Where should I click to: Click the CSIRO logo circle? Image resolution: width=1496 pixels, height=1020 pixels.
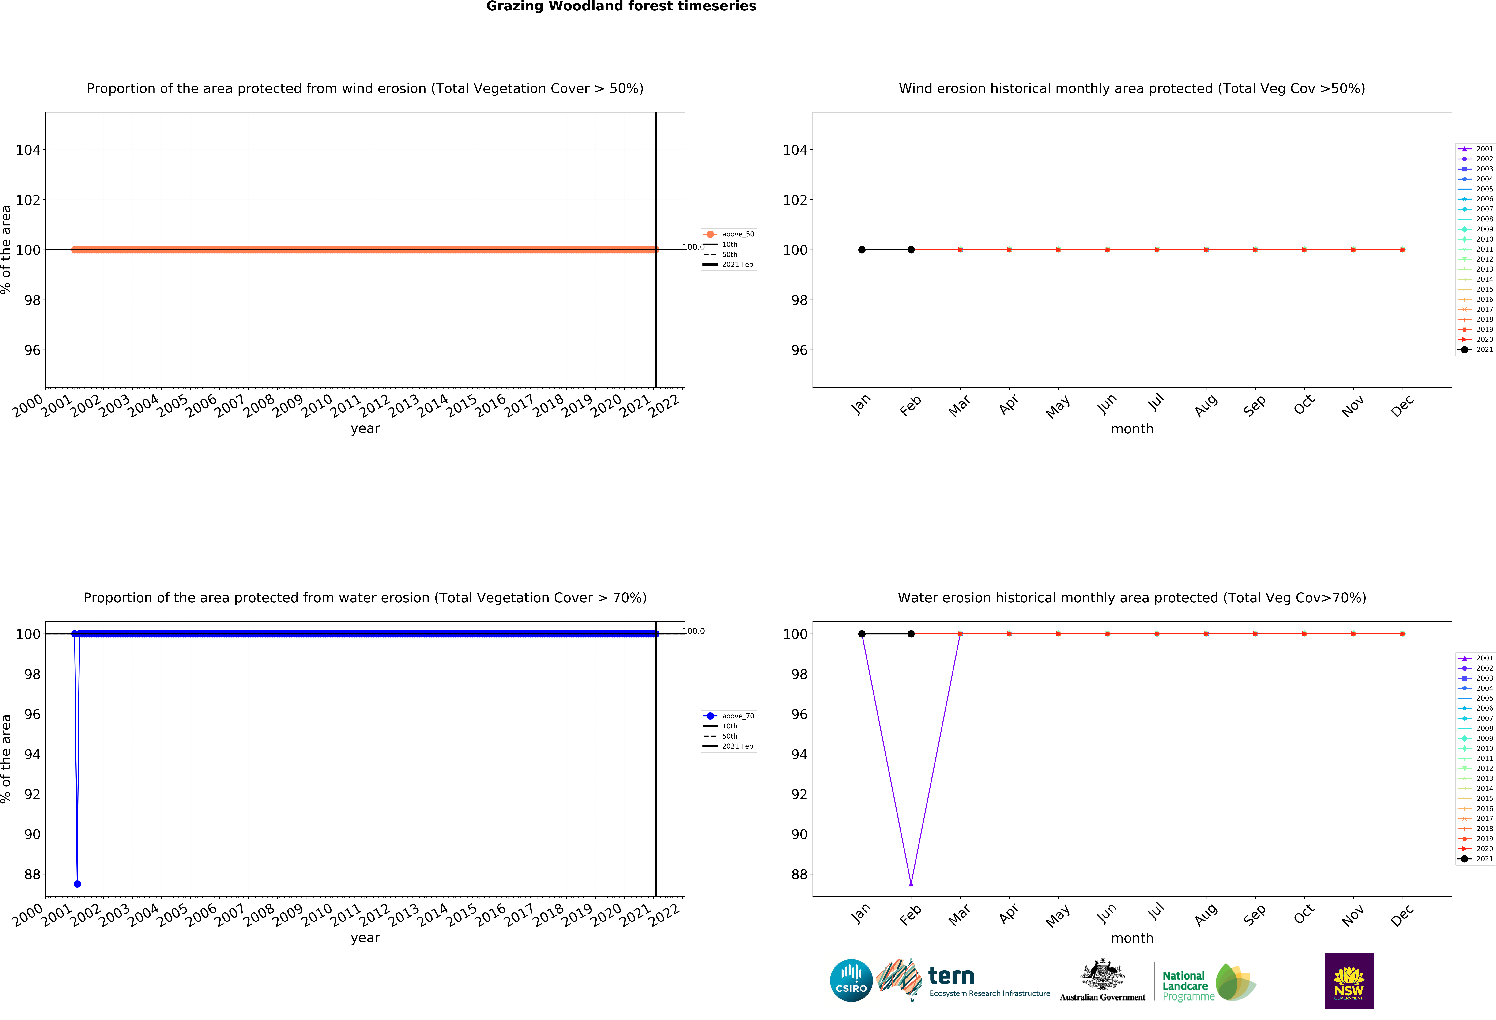click(851, 981)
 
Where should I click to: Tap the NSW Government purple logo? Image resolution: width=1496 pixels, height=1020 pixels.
click(1349, 980)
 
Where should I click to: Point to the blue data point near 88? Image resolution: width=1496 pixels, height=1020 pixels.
click(77, 884)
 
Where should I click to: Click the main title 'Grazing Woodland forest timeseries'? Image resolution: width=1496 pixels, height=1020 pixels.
click(621, 6)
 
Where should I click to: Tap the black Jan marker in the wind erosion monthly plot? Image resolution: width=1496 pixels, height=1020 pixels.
click(862, 250)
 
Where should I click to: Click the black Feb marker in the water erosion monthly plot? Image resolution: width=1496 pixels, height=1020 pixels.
click(911, 634)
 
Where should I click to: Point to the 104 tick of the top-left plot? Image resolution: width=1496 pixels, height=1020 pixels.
click(28, 150)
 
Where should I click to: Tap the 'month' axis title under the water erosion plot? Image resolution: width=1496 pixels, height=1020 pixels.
click(1132, 938)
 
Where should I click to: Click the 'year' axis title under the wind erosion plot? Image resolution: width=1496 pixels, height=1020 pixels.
click(365, 429)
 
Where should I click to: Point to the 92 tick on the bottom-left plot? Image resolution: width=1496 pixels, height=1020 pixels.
click(32, 795)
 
